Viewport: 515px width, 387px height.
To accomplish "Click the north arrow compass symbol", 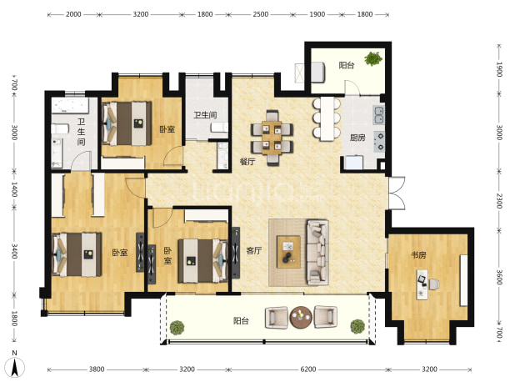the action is pyautogui.click(x=14, y=364).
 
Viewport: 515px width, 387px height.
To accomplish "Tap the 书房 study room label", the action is pyautogui.click(x=418, y=255).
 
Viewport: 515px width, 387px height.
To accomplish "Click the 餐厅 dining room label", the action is pyautogui.click(x=247, y=162).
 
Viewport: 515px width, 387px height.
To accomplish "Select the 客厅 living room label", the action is pyautogui.click(x=254, y=251).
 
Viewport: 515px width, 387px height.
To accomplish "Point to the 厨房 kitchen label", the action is pyautogui.click(x=357, y=138).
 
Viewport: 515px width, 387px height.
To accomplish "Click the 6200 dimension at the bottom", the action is pyautogui.click(x=308, y=369).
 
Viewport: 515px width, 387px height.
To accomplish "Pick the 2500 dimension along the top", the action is pyautogui.click(x=261, y=14).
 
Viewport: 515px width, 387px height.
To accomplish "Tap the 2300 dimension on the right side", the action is pyautogui.click(x=499, y=200).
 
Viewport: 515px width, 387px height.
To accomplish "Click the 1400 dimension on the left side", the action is pyautogui.click(x=14, y=189).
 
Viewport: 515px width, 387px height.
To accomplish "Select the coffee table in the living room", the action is pyautogui.click(x=288, y=252).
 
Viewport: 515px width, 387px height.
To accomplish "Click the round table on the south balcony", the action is pyautogui.click(x=301, y=317).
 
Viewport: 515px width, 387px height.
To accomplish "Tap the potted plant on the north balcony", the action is pyautogui.click(x=373, y=59).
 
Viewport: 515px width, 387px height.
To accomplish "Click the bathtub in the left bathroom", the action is pyautogui.click(x=70, y=105).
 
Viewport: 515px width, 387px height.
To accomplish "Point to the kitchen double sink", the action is pyautogui.click(x=378, y=115).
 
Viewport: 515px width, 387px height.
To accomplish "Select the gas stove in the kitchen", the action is pyautogui.click(x=379, y=142).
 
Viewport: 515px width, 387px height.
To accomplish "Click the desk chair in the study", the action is pyautogui.click(x=434, y=284).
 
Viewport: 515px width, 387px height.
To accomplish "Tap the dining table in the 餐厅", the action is pyautogui.click(x=272, y=138).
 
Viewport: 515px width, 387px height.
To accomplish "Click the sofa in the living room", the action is pyautogui.click(x=317, y=252).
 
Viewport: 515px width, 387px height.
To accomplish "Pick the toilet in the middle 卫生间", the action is pyautogui.click(x=219, y=128).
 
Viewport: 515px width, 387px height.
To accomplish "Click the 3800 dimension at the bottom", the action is pyautogui.click(x=97, y=369).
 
